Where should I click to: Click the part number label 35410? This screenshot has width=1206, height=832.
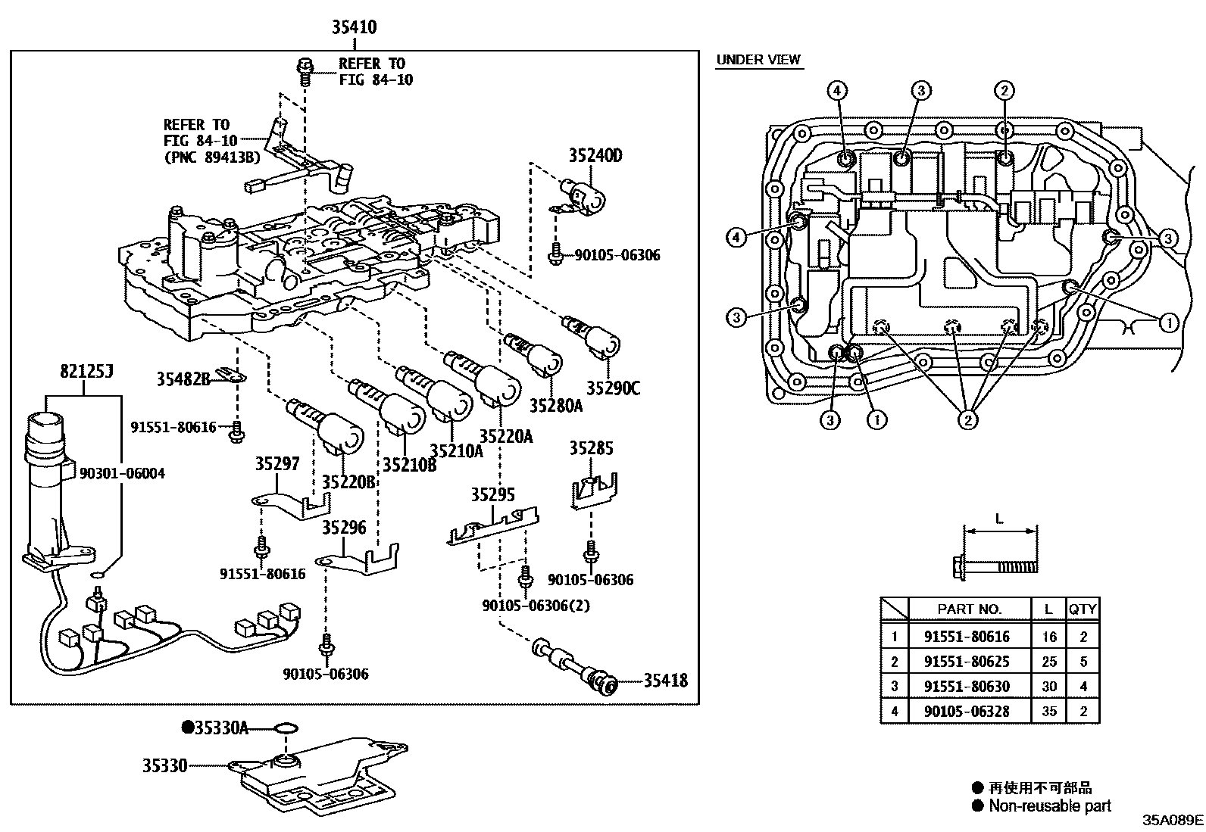354,27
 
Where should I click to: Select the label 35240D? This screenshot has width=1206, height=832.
595,156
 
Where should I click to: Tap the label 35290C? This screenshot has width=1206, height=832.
613,388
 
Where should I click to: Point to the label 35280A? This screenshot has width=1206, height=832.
555,406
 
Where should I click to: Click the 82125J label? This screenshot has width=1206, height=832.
86,371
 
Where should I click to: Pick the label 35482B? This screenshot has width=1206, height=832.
183,379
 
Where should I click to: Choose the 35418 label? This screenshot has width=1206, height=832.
666,681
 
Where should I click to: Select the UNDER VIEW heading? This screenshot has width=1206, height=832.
758,60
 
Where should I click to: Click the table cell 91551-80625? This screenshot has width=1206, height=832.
967,661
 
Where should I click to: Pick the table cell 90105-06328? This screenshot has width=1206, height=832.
967,711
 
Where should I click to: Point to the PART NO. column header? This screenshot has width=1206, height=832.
969,609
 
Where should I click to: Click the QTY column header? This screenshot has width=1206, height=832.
1083,609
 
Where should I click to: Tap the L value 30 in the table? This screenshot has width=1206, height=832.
1048,686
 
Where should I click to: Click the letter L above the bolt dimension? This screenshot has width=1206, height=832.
999,519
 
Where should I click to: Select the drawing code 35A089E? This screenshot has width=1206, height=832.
1173,820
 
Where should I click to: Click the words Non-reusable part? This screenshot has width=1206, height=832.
1049,806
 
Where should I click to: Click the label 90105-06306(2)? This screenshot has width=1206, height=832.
536,606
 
